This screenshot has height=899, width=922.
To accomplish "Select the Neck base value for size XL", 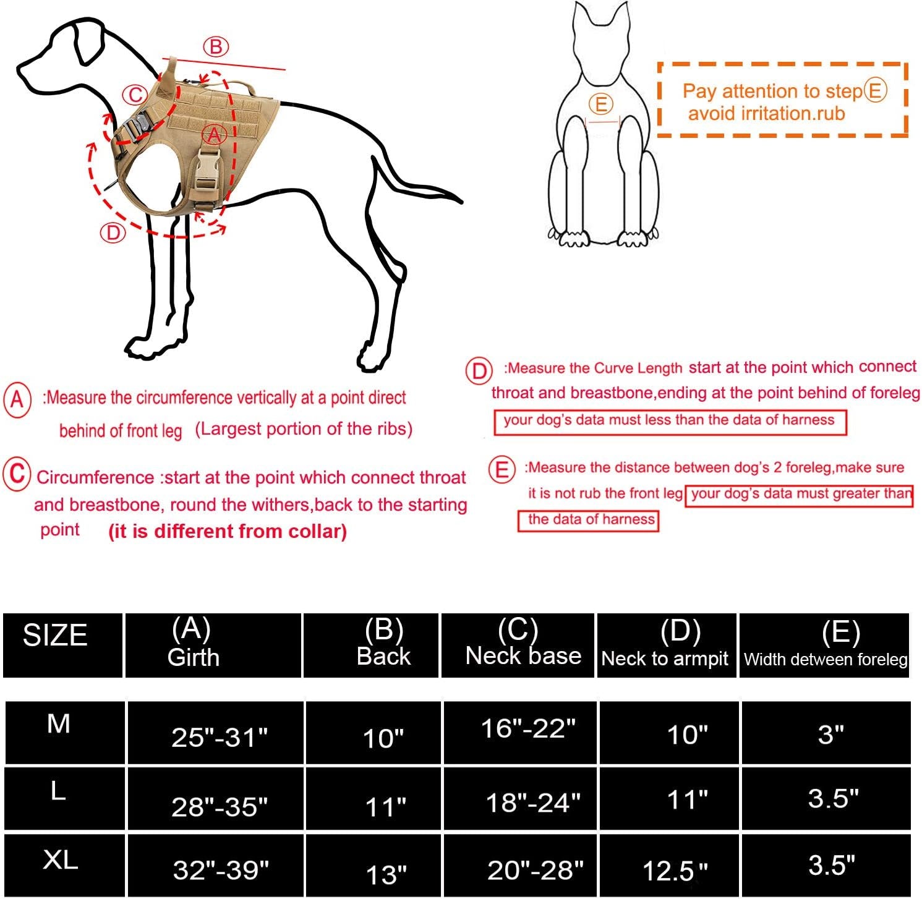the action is coord(536,870).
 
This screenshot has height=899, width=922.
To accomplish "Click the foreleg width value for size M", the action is coord(831,734).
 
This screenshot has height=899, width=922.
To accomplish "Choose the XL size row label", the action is coord(61,859).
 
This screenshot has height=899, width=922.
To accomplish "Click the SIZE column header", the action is coord(56,636).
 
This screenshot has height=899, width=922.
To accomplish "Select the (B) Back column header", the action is coord(384,643).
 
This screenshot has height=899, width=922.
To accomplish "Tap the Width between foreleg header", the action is coord(826,659).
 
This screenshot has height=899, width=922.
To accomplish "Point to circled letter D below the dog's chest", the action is coord(113,233).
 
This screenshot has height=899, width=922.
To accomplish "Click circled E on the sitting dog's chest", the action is coord(601,104).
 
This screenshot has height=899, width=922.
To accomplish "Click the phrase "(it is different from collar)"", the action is coord(228,531).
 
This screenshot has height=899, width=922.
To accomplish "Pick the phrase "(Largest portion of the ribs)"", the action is coord(304,429).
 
